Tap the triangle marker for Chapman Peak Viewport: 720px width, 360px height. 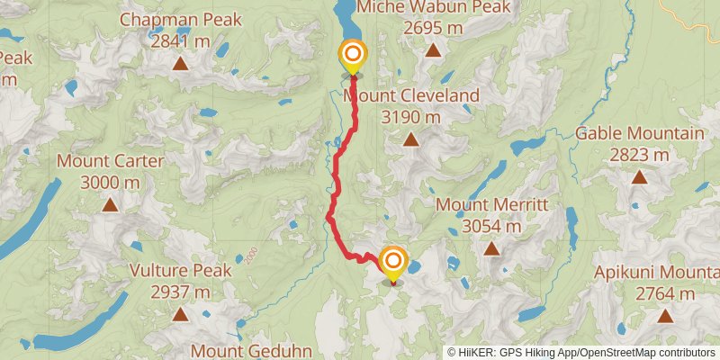[180, 63]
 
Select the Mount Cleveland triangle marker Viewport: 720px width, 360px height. [410, 139]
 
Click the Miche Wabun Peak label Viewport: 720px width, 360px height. [433, 7]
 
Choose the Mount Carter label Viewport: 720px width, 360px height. [110, 161]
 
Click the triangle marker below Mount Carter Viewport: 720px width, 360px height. [110, 205]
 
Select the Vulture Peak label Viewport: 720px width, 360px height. [180, 270]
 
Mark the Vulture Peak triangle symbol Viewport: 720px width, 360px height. [180, 314]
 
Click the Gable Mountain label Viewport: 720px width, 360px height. [639, 133]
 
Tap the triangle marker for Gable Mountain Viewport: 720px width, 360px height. [639, 177]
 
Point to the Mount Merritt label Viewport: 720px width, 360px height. [491, 204]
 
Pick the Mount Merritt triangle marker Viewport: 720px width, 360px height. [491, 248]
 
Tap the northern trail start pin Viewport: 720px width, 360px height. [352, 55]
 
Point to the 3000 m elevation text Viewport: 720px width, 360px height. [110, 183]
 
